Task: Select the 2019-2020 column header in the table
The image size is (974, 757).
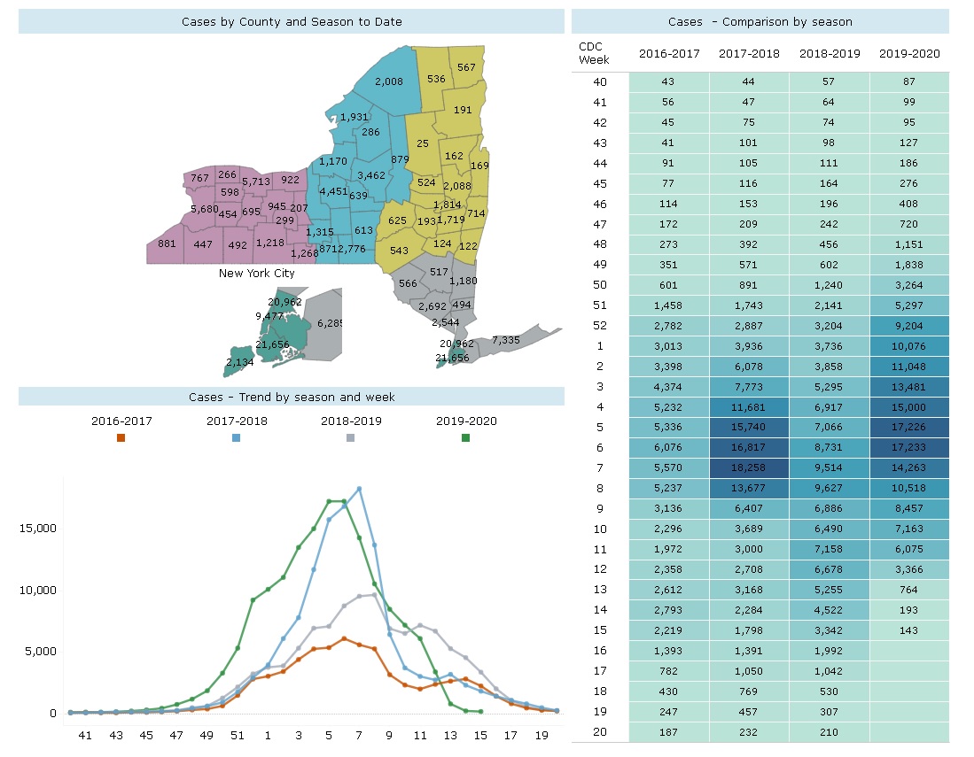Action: coord(909,53)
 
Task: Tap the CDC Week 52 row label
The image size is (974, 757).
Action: coord(599,326)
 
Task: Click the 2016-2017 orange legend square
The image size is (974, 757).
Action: coord(121,437)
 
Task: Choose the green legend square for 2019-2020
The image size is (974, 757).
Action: coord(465,437)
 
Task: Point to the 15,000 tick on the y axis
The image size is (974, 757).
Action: coord(37,529)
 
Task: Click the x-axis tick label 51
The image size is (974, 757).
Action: coord(238,735)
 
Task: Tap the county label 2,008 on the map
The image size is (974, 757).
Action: coord(389,82)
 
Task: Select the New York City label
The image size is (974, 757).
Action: coord(257,274)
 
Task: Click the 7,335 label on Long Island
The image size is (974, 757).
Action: coord(505,340)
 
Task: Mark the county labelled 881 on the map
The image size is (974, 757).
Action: coord(167,244)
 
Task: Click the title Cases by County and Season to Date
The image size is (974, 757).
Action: coord(292,21)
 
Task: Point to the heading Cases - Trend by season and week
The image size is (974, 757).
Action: coord(292,398)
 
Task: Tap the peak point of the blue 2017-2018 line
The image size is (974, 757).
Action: coord(359,489)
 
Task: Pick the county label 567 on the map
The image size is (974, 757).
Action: coord(466,68)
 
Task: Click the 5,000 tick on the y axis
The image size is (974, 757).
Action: coord(41,652)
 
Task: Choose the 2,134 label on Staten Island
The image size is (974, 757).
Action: coord(239,363)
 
